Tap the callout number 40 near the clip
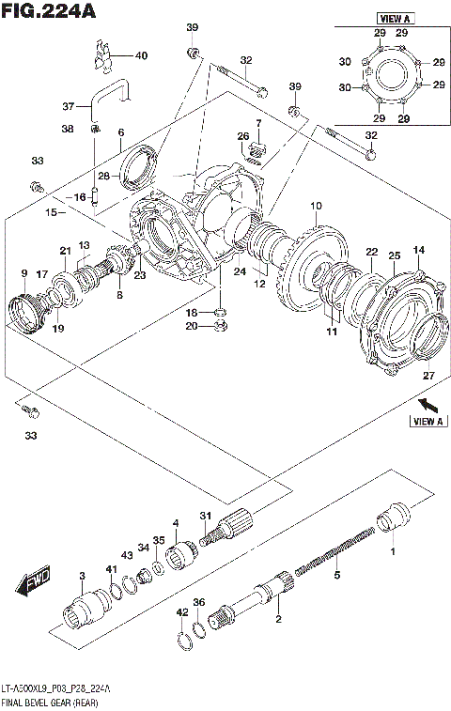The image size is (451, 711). click(141, 55)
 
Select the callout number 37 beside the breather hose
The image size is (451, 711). click(68, 105)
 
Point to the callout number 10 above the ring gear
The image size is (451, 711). click(316, 206)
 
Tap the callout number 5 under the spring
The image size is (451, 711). click(337, 574)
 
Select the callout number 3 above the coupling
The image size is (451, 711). click(82, 575)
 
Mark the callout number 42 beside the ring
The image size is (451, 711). click(180, 612)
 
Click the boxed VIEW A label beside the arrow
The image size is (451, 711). click(427, 422)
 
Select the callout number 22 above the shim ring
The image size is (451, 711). click(371, 252)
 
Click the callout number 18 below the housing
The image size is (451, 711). click(193, 312)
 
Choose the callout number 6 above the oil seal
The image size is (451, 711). click(120, 132)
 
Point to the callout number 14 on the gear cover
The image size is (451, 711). click(418, 249)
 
